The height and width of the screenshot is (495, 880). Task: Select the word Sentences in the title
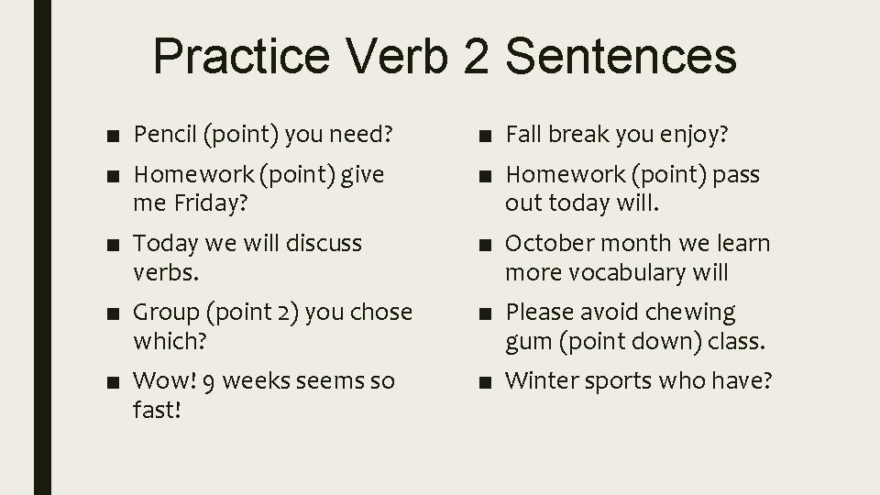click(621, 55)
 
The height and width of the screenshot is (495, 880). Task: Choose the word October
click(544, 244)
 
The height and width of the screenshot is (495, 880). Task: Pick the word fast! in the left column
click(157, 409)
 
